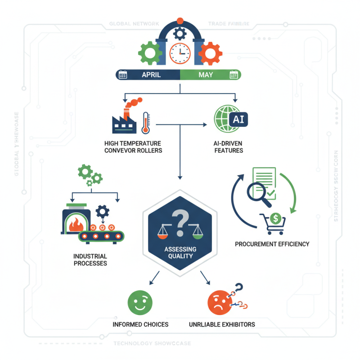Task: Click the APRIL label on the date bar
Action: [x=151, y=75]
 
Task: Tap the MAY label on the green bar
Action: [x=206, y=75]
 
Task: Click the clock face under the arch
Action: [x=180, y=54]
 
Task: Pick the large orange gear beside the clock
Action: [x=210, y=54]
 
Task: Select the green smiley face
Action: [x=140, y=302]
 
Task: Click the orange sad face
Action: [x=219, y=303]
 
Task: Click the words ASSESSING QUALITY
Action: [x=180, y=253]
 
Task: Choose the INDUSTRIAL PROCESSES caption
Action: [x=90, y=260]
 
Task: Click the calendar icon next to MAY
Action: [x=234, y=75]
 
